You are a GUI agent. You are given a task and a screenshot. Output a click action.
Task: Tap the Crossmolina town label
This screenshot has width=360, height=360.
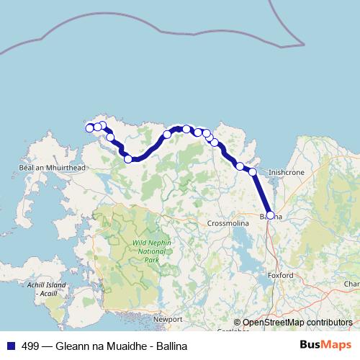click(228, 224)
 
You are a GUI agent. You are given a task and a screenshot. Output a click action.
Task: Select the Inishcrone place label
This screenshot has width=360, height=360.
click(286, 173)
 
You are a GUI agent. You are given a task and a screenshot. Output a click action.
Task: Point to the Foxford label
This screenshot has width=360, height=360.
click(280, 275)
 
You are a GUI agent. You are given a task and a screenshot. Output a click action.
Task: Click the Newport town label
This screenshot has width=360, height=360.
click(167, 318)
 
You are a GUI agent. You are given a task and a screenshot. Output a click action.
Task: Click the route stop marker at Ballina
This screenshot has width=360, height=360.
click(270, 215)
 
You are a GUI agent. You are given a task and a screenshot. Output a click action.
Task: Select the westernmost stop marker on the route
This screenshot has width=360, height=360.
click(90, 128)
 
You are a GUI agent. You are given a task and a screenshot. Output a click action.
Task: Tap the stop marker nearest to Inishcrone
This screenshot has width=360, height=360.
click(253, 171)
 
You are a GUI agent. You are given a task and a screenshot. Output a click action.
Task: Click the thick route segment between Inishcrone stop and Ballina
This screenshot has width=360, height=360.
click(261, 193)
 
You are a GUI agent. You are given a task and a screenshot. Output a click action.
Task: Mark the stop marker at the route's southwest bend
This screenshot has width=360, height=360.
click(128, 159)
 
